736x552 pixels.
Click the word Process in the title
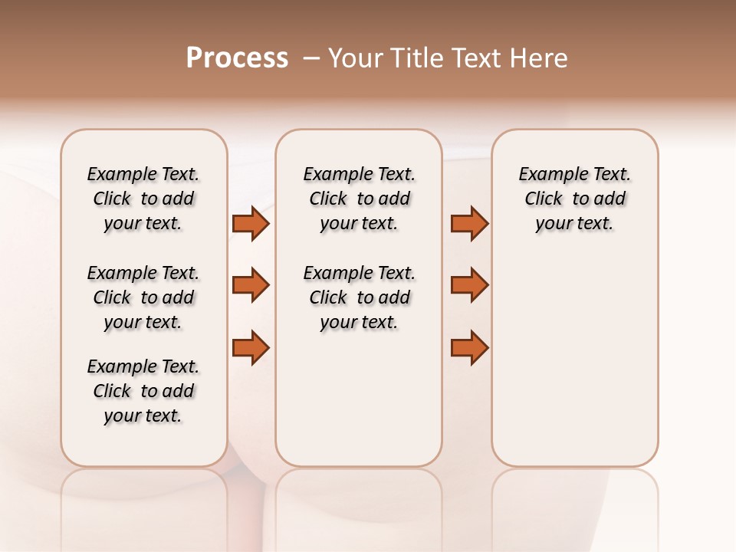(237, 58)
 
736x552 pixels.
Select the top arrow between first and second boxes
(251, 223)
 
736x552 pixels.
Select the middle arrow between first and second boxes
(251, 285)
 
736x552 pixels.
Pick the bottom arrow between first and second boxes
(251, 347)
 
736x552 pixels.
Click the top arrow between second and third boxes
(469, 223)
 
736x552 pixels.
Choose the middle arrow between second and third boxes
(469, 285)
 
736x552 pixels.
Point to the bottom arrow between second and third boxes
(469, 347)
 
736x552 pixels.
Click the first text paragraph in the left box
(143, 199)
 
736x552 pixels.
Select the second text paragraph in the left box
(143, 297)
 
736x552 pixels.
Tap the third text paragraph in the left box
(143, 391)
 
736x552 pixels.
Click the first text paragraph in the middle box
(359, 199)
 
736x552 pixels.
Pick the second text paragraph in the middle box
(359, 297)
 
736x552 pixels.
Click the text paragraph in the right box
(575, 199)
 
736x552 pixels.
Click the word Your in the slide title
(354, 58)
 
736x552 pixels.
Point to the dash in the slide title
(312, 58)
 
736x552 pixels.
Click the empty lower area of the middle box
(359, 399)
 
